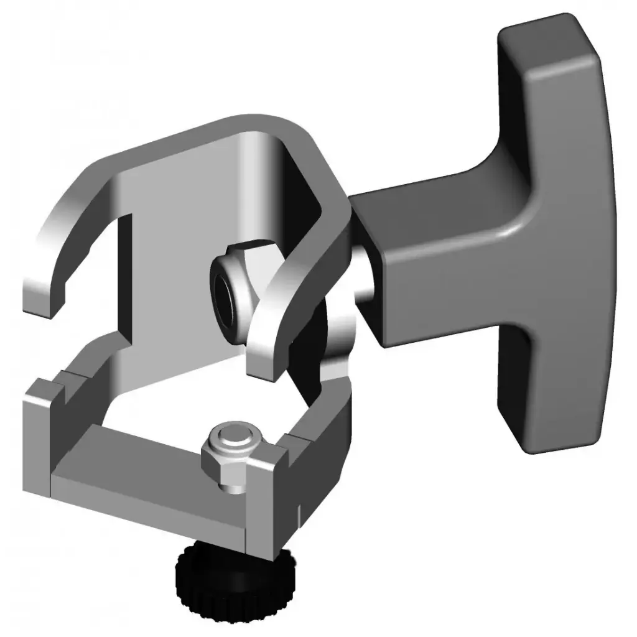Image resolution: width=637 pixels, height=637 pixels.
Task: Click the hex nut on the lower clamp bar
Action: (226, 463)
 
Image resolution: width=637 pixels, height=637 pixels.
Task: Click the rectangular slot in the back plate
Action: (124, 274)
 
